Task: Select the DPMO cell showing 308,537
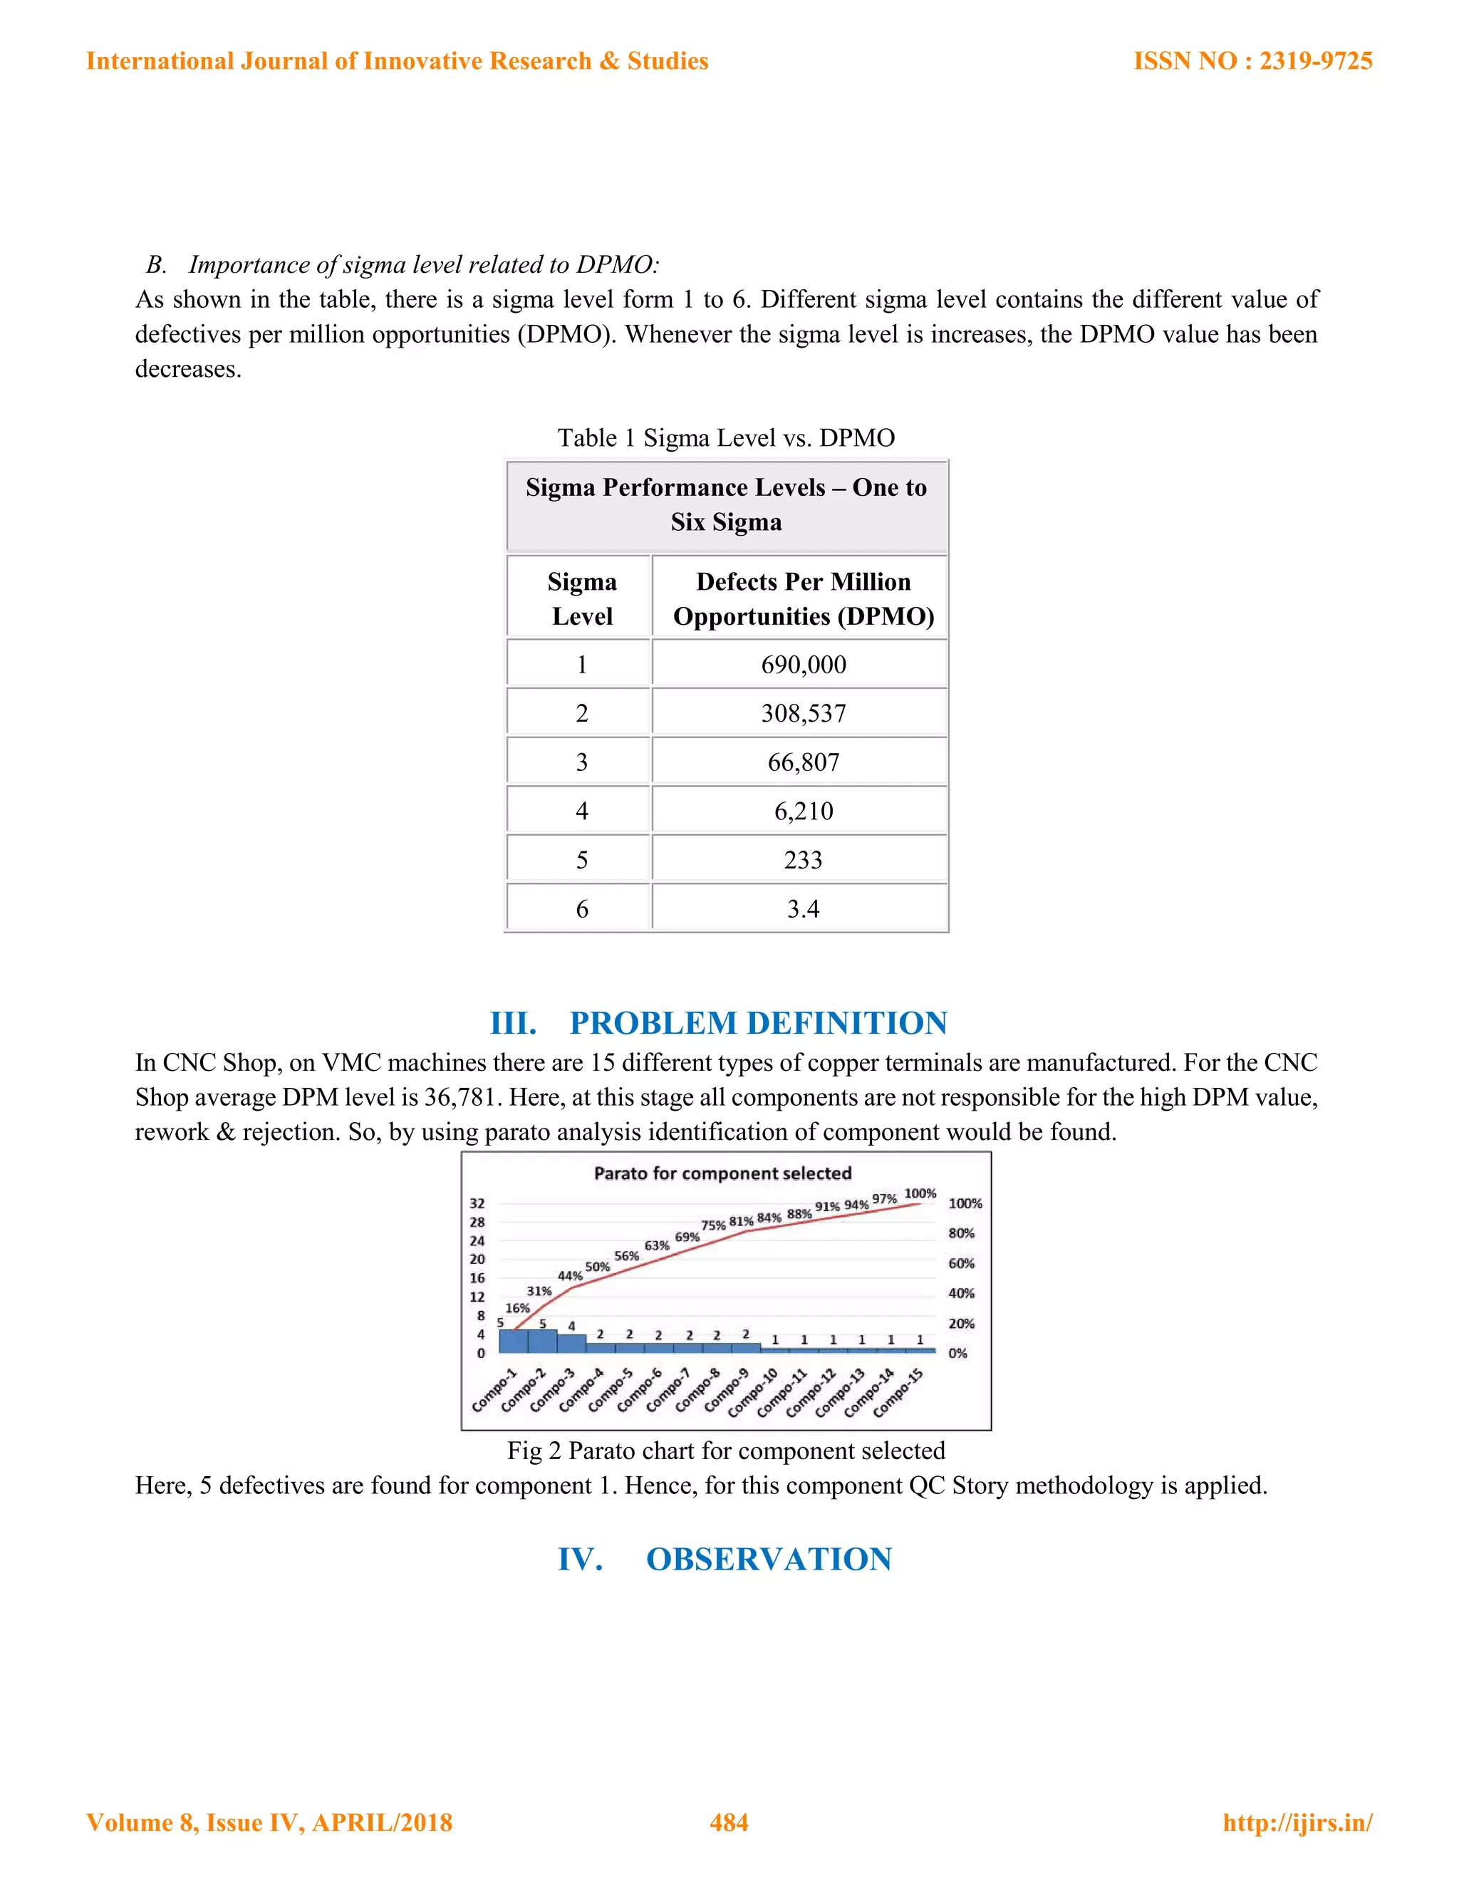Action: click(x=803, y=713)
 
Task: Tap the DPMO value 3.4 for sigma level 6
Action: click(x=803, y=908)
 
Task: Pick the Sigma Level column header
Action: click(x=582, y=598)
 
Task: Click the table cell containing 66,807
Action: click(x=803, y=762)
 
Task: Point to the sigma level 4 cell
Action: click(x=582, y=811)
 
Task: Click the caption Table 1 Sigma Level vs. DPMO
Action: click(x=726, y=437)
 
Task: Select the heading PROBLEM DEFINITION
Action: click(x=758, y=1022)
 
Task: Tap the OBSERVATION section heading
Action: click(x=769, y=1559)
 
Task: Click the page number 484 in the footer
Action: click(x=729, y=1822)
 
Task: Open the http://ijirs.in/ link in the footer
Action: click(x=1297, y=1822)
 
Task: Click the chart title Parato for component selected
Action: click(x=722, y=1173)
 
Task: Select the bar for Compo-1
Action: click(x=514, y=1341)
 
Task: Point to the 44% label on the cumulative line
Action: click(x=570, y=1276)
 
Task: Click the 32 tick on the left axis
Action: click(x=477, y=1203)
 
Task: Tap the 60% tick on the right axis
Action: click(x=961, y=1263)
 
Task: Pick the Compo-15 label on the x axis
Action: click(x=899, y=1393)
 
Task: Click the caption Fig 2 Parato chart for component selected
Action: click(x=726, y=1451)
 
